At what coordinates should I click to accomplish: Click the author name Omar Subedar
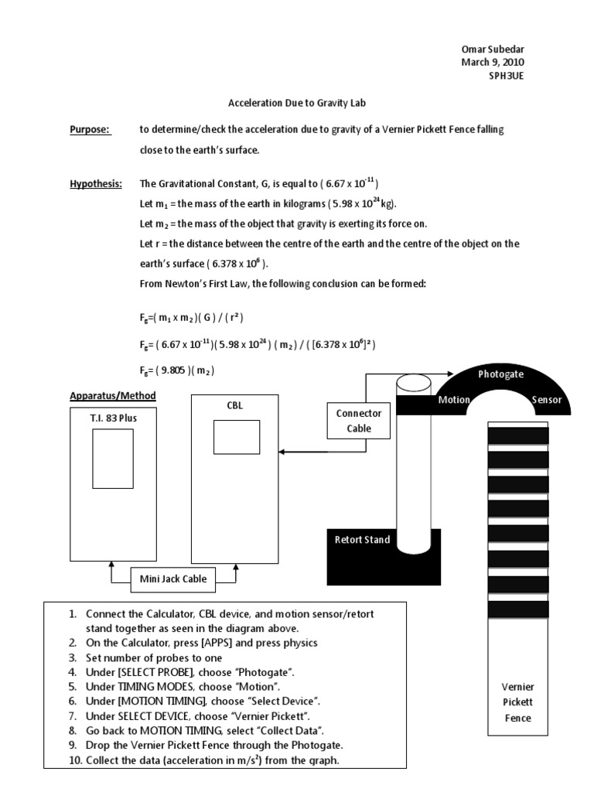[493, 49]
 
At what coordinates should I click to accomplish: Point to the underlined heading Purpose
[90, 130]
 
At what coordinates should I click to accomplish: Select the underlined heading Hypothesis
[96, 183]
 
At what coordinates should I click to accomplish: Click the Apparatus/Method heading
[113, 396]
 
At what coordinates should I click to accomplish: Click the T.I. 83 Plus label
[113, 418]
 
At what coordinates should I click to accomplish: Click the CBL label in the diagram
[234, 405]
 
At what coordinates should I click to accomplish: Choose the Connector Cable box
[358, 421]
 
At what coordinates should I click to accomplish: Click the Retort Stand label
[362, 540]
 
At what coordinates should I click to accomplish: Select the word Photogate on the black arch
[501, 374]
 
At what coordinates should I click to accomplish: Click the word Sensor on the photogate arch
[546, 401]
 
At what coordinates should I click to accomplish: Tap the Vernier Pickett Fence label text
[517, 702]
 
